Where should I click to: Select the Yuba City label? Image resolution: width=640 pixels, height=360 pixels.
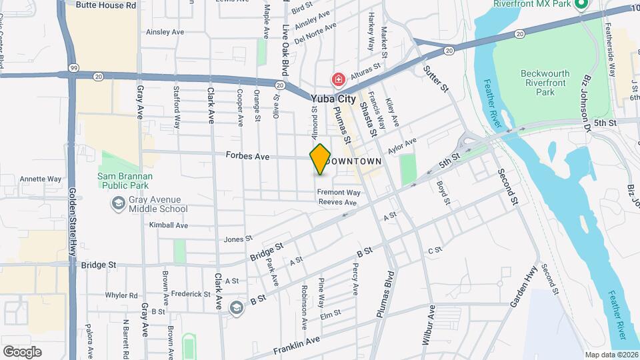click(x=333, y=99)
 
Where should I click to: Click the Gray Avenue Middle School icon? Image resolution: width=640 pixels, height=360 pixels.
click(x=119, y=203)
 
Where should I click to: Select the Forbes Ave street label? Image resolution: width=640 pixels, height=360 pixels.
click(x=247, y=157)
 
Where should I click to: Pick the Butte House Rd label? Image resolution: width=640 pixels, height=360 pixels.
click(x=106, y=5)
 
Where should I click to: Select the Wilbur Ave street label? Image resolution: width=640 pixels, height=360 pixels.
click(x=427, y=324)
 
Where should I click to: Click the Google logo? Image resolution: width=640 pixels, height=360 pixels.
click(x=22, y=351)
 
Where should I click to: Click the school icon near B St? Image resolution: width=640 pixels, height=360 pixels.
click(x=235, y=307)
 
